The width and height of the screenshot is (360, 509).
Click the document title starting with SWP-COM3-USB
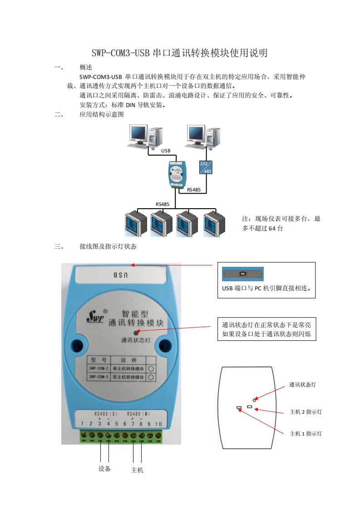(180, 53)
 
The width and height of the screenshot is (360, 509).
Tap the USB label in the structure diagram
(166, 150)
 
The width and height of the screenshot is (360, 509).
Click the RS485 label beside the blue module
(194, 190)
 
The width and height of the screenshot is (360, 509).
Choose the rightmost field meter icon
(214, 223)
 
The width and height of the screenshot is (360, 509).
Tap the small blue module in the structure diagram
(177, 173)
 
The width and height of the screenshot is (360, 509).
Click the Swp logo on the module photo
(96, 316)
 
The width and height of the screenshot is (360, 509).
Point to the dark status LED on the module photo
(135, 333)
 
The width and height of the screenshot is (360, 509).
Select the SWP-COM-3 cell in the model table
(98, 377)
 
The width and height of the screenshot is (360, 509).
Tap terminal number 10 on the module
(158, 424)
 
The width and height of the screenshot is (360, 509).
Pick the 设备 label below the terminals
(105, 469)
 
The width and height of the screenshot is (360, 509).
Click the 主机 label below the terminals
(137, 470)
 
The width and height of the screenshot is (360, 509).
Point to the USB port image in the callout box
(242, 274)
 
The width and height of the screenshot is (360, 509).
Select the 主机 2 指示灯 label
(306, 412)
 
